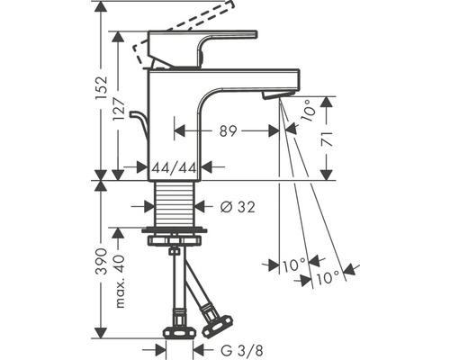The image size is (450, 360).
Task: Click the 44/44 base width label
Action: (x=175, y=166)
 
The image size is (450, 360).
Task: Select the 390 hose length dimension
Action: (x=102, y=261)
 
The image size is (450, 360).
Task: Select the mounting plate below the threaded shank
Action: (x=175, y=235)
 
